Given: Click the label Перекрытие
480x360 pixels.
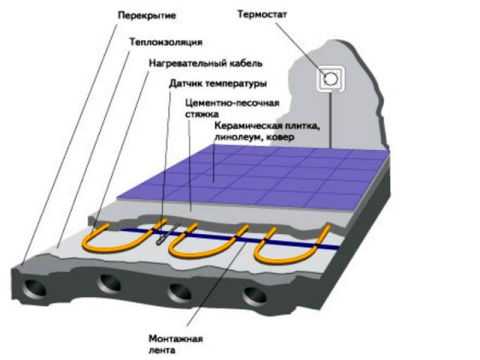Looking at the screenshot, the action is (147, 16).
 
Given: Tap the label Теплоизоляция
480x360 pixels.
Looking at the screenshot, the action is (166, 42).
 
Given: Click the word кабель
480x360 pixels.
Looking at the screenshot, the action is (245, 63).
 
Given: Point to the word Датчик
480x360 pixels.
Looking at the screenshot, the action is (185, 83).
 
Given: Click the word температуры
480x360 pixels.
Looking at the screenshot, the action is (236, 83).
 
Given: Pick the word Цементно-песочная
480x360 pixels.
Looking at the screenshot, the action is (232, 103).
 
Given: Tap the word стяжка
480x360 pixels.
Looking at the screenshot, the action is (202, 114).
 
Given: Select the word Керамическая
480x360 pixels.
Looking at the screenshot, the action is (248, 126).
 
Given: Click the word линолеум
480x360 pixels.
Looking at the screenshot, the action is (235, 137).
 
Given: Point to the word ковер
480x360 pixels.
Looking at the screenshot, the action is (280, 137).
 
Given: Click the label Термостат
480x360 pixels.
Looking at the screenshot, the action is (262, 14).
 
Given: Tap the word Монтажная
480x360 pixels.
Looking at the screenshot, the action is (175, 339).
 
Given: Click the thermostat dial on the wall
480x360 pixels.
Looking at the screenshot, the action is (331, 79).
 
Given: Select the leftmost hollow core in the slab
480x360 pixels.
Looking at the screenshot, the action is (34, 288).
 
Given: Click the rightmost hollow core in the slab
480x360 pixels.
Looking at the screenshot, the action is (255, 296).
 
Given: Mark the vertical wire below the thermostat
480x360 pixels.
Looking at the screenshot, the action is (331, 121).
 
